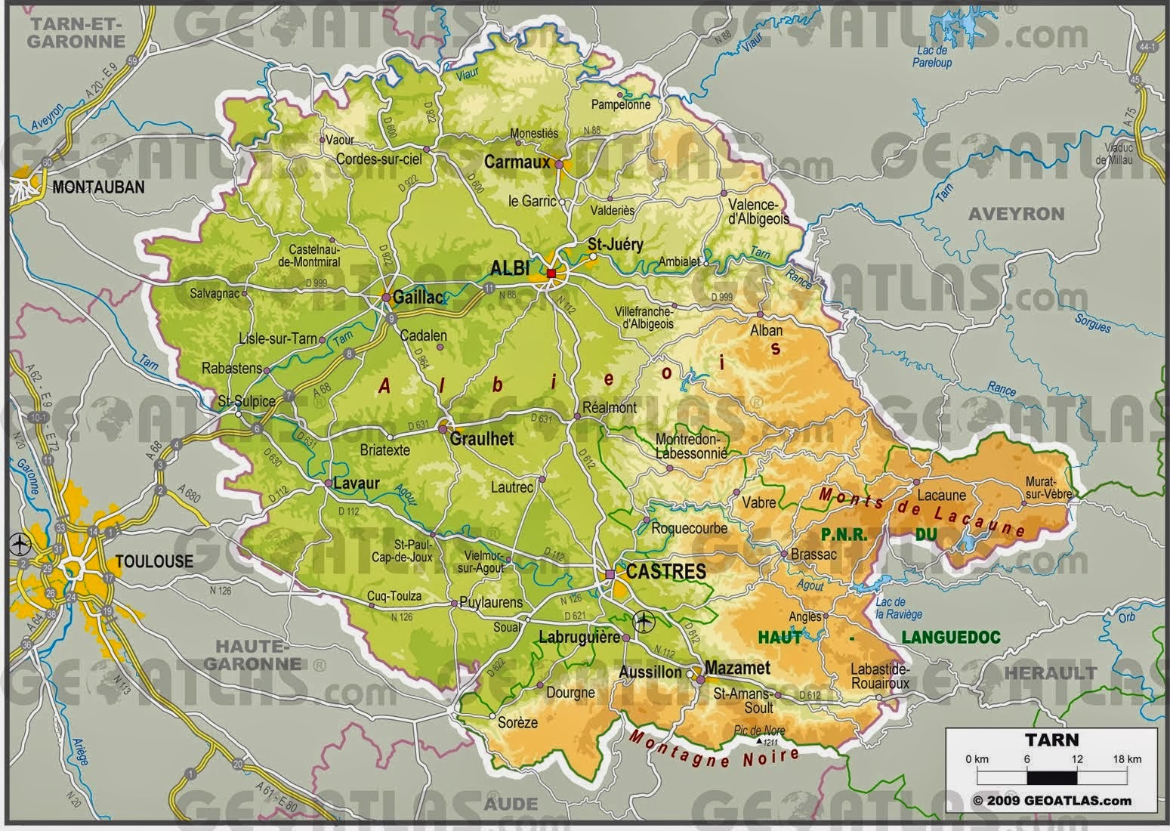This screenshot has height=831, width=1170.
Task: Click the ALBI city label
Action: (x=511, y=268)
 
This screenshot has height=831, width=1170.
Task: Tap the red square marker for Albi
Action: (x=551, y=273)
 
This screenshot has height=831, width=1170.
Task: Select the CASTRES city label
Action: (x=665, y=572)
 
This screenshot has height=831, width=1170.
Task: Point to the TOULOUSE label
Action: (x=154, y=561)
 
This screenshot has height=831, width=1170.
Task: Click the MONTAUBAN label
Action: (x=98, y=187)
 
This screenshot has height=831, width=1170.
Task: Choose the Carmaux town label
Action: (x=517, y=162)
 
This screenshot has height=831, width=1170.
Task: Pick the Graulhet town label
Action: (x=482, y=439)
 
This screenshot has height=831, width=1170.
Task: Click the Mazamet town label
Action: (x=737, y=668)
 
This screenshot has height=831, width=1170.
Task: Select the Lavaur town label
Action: (x=357, y=483)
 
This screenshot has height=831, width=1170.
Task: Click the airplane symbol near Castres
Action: (x=644, y=622)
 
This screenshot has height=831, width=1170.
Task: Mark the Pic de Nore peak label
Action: (x=759, y=731)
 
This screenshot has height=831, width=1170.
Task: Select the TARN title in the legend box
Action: (x=1051, y=740)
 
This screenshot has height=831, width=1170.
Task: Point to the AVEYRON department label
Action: (x=1016, y=214)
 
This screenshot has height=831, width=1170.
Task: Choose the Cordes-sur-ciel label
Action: (x=378, y=159)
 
